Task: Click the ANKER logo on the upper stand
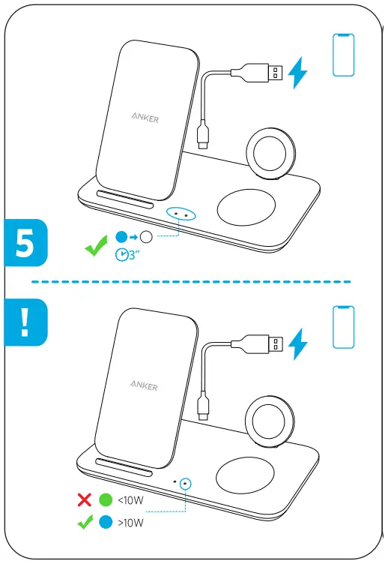point(145,118)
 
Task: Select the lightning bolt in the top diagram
point(298,73)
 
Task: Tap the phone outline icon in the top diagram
point(343,55)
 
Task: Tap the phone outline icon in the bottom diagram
point(343,327)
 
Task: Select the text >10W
point(131,523)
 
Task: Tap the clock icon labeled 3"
point(121,255)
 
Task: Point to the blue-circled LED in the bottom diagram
point(186,484)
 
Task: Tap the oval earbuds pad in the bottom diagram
point(246,475)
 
